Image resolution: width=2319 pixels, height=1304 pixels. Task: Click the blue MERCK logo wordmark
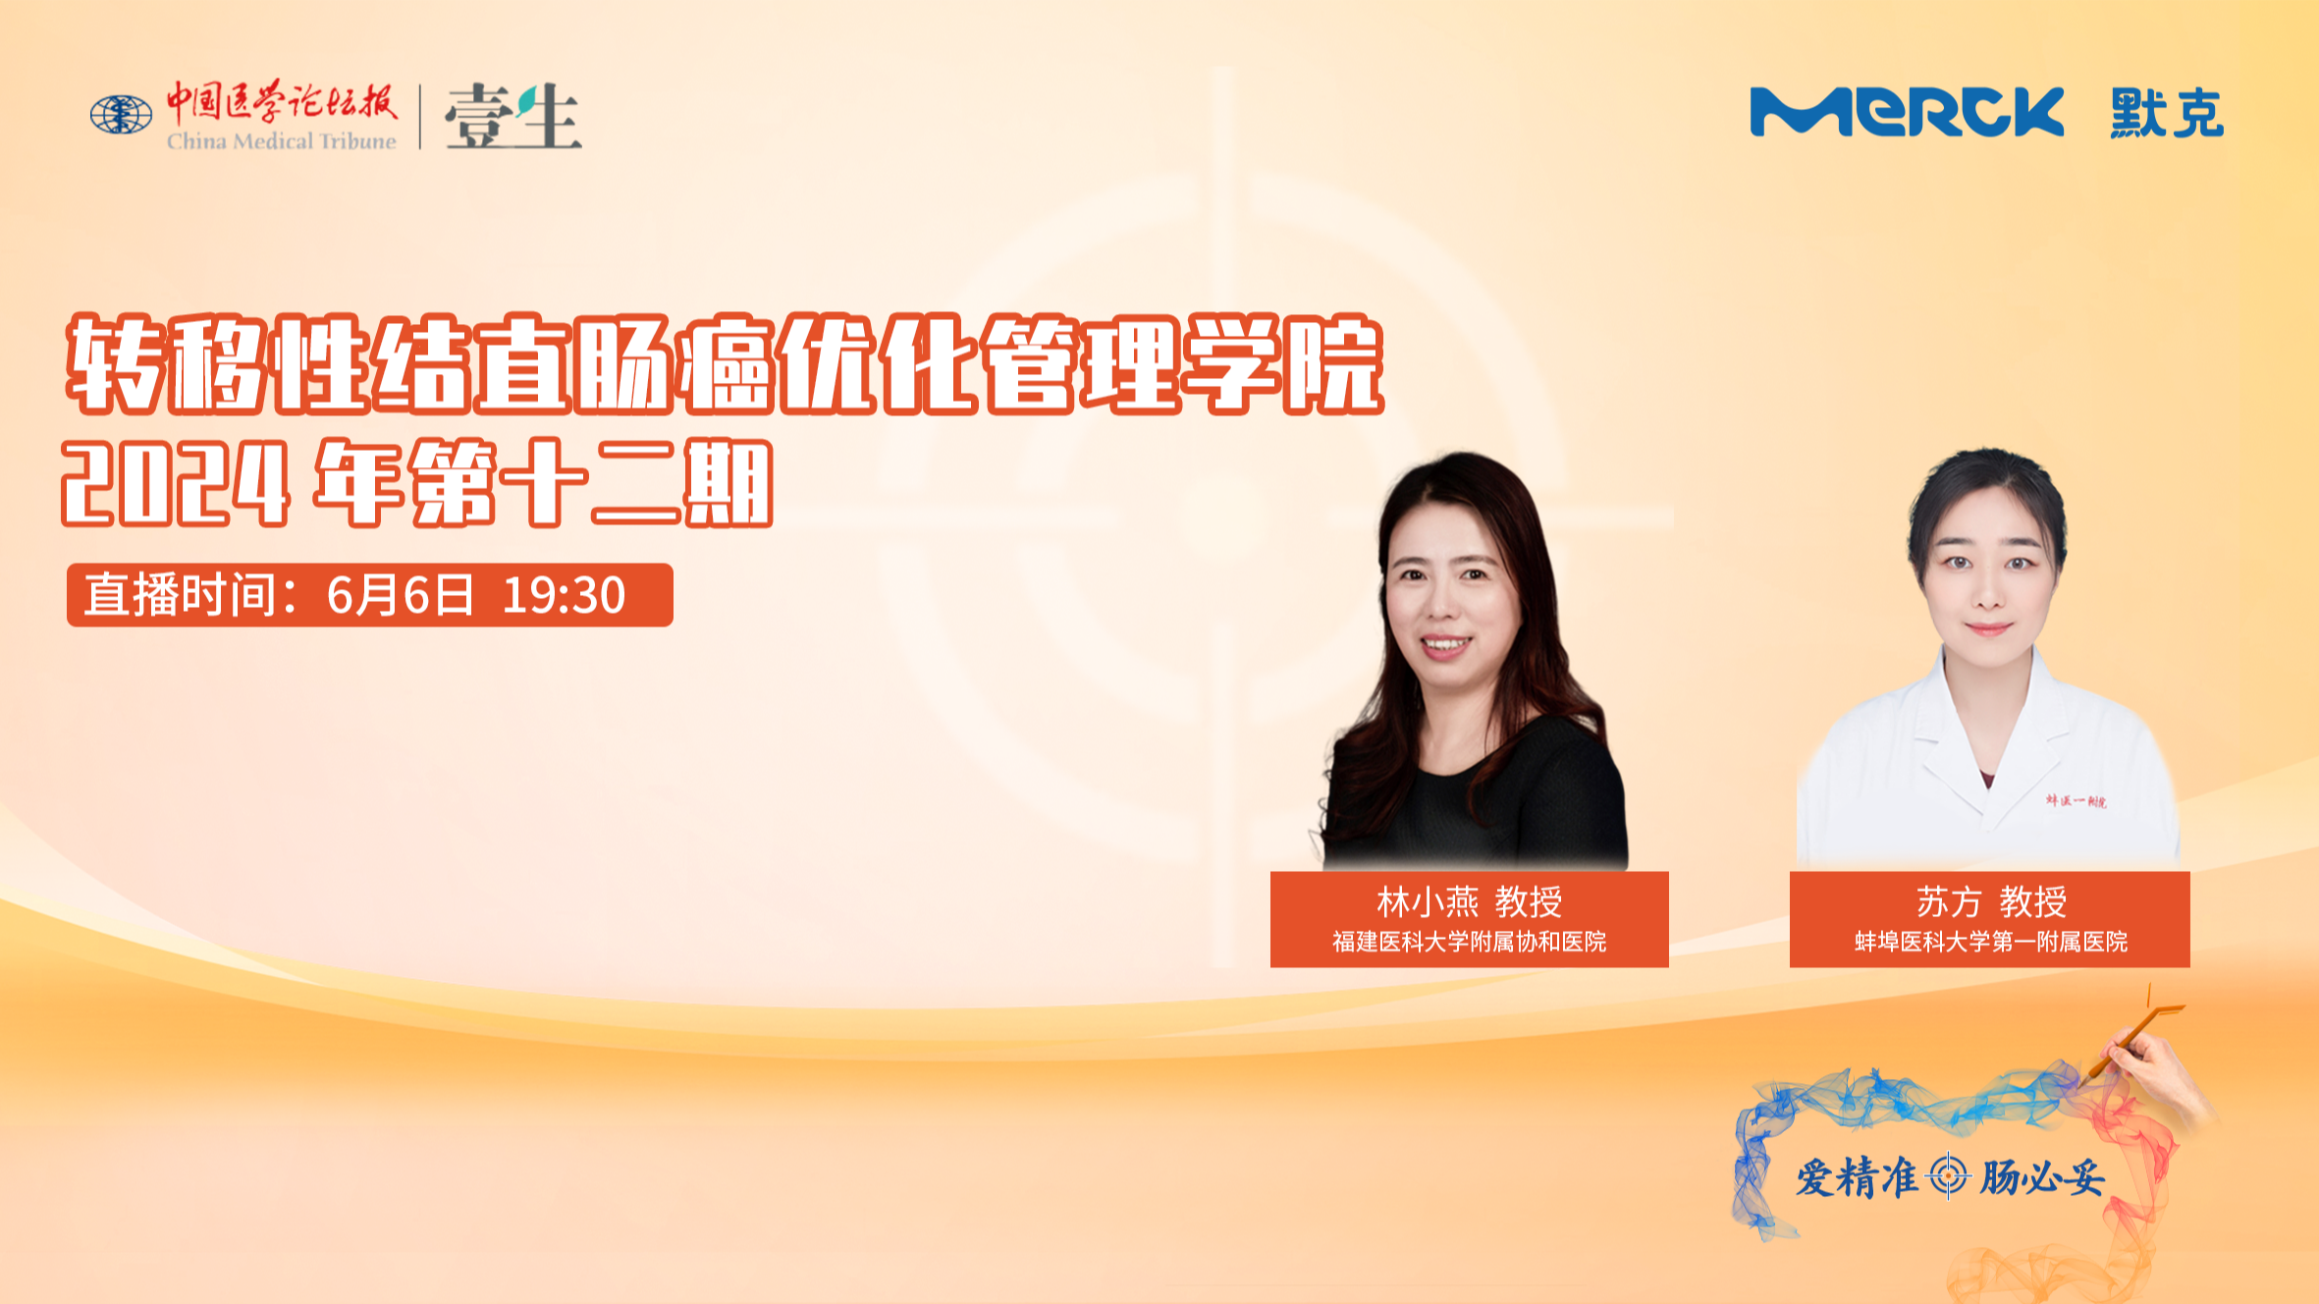coord(1907,112)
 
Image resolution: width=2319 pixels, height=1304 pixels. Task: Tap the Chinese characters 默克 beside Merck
coord(2167,113)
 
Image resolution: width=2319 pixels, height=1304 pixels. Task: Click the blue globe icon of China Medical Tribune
coord(121,115)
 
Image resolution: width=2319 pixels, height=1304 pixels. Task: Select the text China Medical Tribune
coord(282,141)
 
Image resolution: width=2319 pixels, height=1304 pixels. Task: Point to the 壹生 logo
coord(512,116)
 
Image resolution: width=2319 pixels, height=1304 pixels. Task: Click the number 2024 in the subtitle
coord(176,483)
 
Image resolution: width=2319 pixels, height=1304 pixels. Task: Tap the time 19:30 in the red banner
coord(564,595)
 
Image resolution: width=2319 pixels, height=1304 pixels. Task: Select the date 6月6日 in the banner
coord(401,595)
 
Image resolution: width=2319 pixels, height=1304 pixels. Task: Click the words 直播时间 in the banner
coord(180,595)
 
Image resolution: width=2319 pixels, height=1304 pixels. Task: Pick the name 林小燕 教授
coord(1469,901)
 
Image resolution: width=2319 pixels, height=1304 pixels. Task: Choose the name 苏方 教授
coord(1991,901)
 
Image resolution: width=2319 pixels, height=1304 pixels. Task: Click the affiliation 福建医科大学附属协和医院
coord(1469,942)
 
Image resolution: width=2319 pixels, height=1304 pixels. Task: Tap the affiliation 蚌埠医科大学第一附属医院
coord(1991,942)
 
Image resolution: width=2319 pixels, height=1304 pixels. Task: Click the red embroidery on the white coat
coord(2076,801)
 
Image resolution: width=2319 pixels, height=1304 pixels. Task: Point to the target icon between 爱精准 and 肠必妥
coord(1949,1176)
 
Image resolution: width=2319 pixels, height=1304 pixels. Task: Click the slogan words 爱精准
coord(1857,1177)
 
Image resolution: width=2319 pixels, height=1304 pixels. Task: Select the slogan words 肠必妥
coord(2041,1177)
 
